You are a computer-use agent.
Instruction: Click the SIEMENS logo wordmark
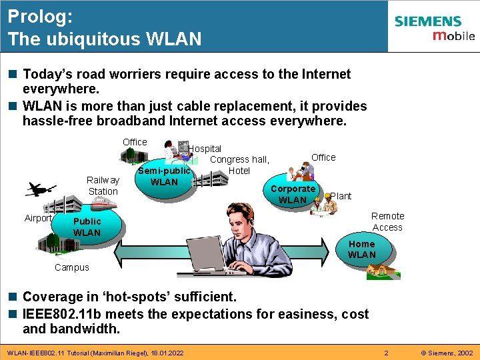427,22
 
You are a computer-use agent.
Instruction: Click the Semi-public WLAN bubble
164,177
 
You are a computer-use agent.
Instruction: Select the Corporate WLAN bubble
293,194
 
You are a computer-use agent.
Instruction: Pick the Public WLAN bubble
87,227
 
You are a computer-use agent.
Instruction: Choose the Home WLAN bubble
362,249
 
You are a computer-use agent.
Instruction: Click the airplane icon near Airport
41,190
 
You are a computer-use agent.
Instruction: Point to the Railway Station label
103,185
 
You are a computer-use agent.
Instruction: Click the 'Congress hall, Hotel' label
239,165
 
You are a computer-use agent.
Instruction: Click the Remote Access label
387,221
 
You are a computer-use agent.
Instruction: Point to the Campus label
71,267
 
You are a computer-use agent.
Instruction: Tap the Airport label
38,218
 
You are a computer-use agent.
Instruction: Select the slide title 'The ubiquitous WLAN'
105,39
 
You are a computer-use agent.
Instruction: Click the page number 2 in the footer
385,351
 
